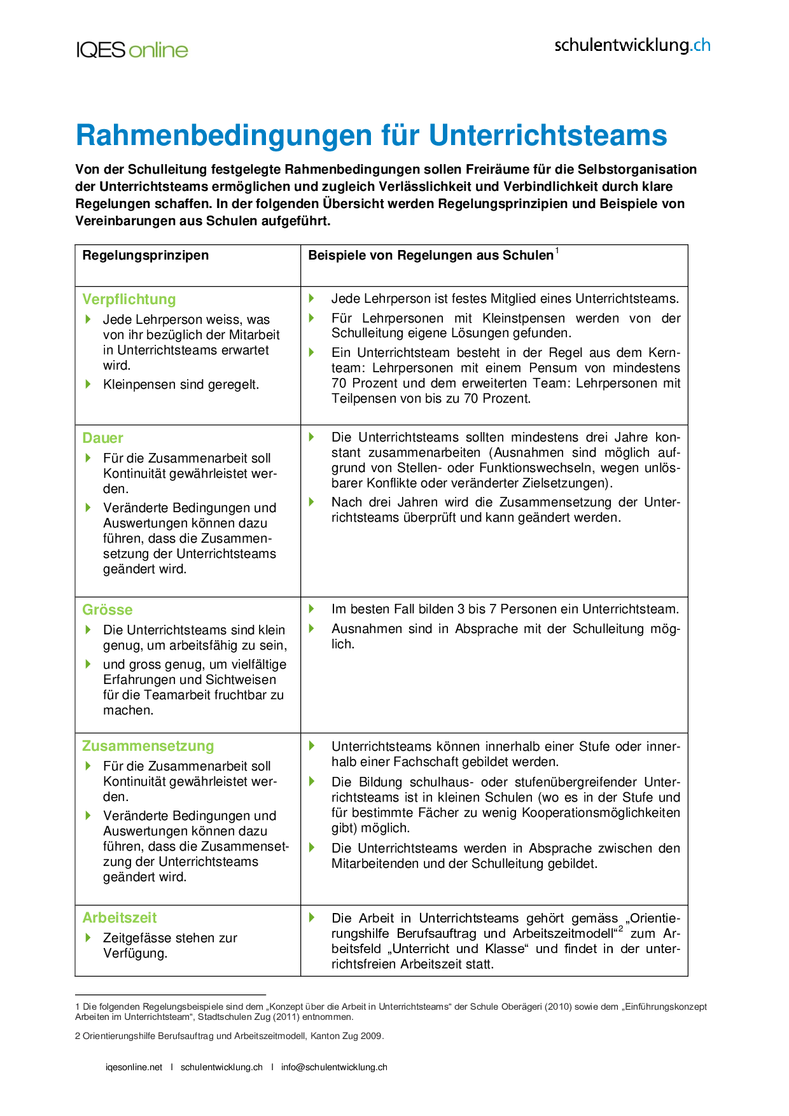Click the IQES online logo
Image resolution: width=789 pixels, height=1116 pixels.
[x=132, y=50]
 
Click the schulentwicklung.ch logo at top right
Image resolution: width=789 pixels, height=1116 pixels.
[x=632, y=45]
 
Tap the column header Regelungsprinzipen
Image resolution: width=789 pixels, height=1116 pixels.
[x=146, y=255]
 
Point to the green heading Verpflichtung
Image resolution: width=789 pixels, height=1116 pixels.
[x=129, y=299]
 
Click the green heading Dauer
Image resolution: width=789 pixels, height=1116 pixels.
[x=102, y=438]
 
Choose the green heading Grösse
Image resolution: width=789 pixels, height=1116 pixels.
[x=108, y=610]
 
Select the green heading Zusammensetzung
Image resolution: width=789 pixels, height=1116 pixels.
[x=148, y=746]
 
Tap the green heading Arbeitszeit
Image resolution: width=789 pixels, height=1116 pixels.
[x=120, y=917]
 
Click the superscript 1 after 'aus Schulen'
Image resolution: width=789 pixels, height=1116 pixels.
[x=557, y=251]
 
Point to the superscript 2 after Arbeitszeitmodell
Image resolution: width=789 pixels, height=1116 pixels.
[x=620, y=930]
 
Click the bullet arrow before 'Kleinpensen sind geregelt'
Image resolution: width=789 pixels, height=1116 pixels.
[x=88, y=384]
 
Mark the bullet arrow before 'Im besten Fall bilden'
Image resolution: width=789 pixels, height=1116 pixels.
[x=312, y=609]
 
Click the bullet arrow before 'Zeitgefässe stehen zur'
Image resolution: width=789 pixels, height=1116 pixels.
[x=88, y=937]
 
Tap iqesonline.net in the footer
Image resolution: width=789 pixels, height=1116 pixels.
[x=134, y=1067]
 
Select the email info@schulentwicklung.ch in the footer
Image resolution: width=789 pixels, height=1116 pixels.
[x=334, y=1067]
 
